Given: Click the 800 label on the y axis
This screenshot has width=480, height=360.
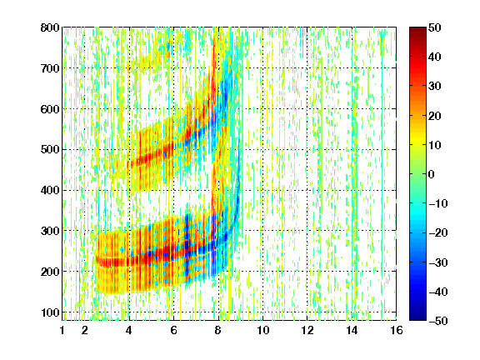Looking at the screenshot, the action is pos(50,27).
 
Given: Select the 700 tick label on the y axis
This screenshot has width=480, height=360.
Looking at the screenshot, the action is pos(50,68).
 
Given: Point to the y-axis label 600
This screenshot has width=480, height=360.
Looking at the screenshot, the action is pos(50,109).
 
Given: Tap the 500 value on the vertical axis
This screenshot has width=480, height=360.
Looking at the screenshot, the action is pos(50,150).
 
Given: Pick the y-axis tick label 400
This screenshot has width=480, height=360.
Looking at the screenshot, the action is pos(50,190).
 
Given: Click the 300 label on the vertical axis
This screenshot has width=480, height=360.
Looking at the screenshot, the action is pos(50,231).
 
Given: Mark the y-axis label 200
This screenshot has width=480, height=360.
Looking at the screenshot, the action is pos(50,272).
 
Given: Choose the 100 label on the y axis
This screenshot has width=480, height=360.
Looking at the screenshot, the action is pos(50,312).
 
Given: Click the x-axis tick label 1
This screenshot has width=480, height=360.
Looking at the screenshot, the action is pos(62,330).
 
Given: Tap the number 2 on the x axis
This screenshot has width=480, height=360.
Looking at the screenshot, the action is pos(85,330).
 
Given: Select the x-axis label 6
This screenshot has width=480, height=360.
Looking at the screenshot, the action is pos(173,330).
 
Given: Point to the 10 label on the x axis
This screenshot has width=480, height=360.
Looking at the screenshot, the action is pos(262,330).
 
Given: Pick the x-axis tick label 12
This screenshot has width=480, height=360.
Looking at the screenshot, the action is pos(307,330).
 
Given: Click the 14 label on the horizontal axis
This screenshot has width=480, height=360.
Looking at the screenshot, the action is pos(352,330).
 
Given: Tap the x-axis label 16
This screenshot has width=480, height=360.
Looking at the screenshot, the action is pos(397,330).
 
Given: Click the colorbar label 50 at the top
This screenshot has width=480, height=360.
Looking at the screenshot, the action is pos(434,27).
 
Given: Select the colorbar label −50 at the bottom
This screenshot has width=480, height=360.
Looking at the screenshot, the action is pos(438,321).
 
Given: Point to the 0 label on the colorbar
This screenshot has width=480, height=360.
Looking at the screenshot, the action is pos(432,174).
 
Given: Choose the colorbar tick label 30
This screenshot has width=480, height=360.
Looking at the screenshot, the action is pos(434,87).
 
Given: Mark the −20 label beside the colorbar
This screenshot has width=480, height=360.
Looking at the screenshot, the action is pos(438,232).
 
